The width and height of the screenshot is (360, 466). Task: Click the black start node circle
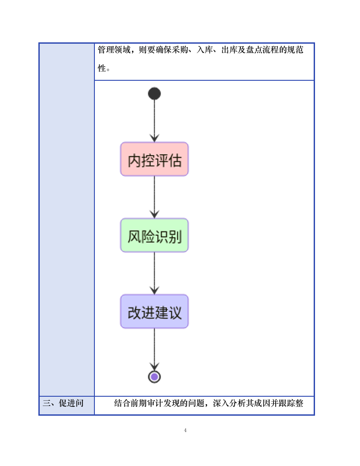154,94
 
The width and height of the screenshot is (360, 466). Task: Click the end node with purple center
154,377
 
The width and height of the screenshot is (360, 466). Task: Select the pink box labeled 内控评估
154,159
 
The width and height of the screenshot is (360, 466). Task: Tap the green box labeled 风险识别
154,236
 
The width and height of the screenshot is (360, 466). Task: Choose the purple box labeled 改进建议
154,312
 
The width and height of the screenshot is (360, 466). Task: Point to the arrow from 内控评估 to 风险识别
154,197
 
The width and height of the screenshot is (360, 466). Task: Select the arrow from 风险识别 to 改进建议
154,273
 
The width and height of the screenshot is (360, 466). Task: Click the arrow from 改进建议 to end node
154,349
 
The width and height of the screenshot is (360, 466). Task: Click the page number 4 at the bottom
185,430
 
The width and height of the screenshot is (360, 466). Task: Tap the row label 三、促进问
63,403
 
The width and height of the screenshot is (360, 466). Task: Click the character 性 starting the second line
102,68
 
